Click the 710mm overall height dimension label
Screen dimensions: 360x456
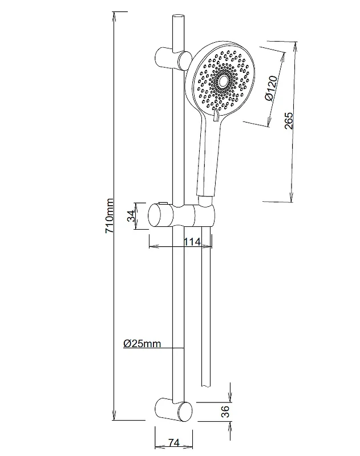tap(109, 215)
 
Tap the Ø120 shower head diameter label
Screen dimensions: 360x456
tap(271, 88)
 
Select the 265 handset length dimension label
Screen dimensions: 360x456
tap(289, 121)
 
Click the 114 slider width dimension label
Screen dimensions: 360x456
tap(192, 242)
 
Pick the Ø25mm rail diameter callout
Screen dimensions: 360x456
tap(142, 344)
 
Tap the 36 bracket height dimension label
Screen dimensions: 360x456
tap(225, 411)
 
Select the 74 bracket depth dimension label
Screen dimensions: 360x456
tap(174, 443)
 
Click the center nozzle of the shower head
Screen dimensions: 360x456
tap(223, 83)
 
